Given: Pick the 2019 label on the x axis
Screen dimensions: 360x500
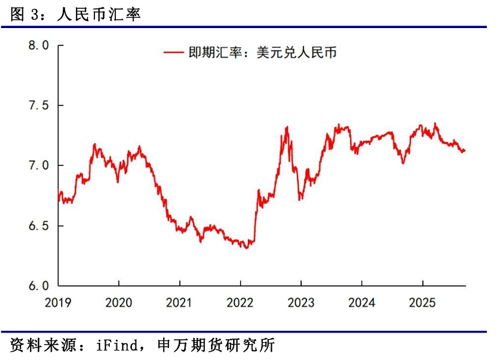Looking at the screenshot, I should [57, 303].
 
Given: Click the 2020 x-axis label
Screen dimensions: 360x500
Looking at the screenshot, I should [118, 303].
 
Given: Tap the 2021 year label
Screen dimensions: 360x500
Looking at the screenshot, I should [179, 303].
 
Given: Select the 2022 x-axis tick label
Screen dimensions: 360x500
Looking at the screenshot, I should [240, 303].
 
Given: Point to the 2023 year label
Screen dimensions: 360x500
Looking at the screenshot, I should [301, 303].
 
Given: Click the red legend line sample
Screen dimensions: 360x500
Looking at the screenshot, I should [173, 53].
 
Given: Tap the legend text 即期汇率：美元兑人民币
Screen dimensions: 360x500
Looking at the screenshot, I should [262, 53].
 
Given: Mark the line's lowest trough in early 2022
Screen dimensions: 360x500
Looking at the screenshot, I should [246, 247].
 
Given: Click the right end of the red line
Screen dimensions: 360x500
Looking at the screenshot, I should [465, 150].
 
